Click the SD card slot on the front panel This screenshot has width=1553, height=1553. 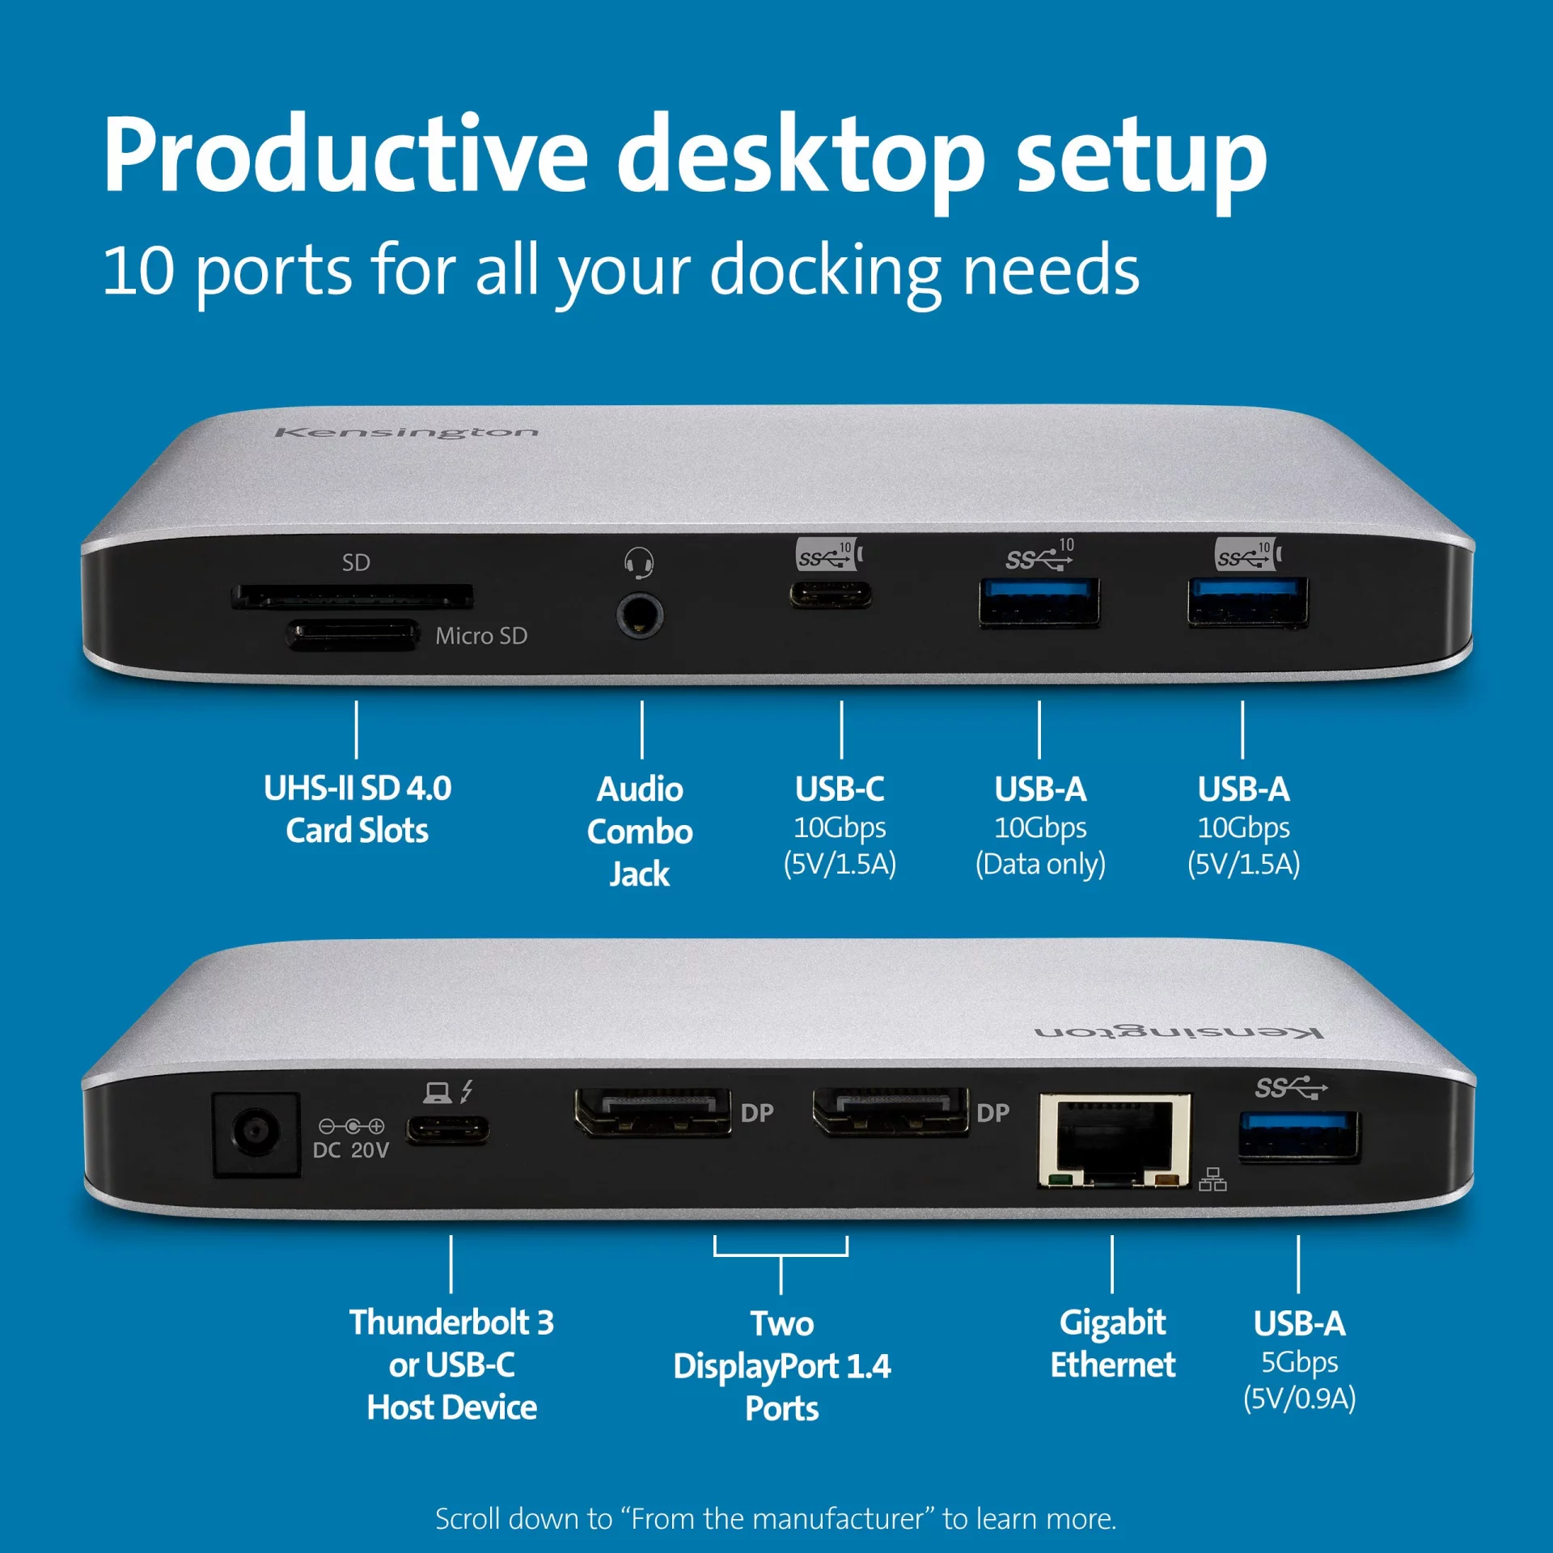tap(353, 597)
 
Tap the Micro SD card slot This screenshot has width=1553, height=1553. tap(353, 635)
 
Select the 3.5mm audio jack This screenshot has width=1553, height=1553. tap(640, 616)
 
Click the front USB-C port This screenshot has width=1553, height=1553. tap(831, 595)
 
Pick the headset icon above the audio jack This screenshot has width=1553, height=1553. tap(639, 562)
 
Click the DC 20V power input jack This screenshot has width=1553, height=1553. tap(256, 1133)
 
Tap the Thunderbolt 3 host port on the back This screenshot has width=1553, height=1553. tap(447, 1129)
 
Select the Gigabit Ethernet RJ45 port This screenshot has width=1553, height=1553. tap(1115, 1140)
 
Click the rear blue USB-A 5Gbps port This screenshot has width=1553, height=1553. tap(1300, 1136)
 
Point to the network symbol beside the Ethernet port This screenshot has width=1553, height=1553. tap(1212, 1179)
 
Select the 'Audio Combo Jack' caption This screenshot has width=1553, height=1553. tap(640, 832)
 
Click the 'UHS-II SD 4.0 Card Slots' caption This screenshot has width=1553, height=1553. tap(358, 810)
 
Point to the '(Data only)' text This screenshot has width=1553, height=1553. tap(1040, 865)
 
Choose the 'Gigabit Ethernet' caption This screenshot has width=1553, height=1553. tap(1113, 1344)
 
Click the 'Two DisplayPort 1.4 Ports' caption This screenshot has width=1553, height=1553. tap(782, 1366)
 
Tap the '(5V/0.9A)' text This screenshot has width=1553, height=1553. tap(1300, 1399)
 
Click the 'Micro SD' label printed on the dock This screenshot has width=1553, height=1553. tap(481, 636)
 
